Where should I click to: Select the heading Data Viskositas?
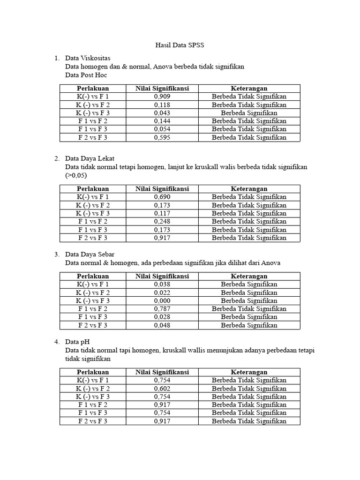[88, 58]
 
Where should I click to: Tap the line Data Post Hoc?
[86, 75]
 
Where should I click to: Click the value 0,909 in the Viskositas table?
[162, 97]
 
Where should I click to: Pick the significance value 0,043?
[162, 113]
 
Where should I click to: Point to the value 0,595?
[162, 138]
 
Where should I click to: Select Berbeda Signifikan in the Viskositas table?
[249, 113]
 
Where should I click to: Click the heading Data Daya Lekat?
[90, 158]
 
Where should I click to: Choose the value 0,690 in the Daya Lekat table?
[162, 197]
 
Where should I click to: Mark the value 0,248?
[162, 221]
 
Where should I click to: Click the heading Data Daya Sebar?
[90, 255]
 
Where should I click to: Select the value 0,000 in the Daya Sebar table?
[162, 301]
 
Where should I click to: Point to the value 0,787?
[162, 309]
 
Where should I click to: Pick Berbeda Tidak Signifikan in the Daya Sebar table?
[249, 309]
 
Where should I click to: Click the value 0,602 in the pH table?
[162, 388]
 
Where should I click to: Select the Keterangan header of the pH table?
[249, 372]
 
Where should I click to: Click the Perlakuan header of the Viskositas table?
[93, 88]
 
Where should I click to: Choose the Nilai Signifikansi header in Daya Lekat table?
[162, 189]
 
